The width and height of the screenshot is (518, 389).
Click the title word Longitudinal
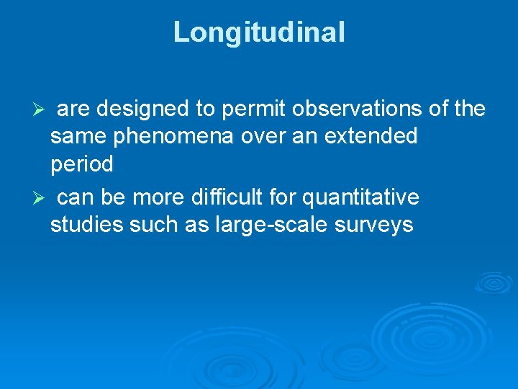pos(259,32)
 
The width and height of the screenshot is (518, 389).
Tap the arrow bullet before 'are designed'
pos(40,109)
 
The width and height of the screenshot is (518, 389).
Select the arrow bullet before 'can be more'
pos(40,198)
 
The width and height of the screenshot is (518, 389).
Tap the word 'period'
pos(81,165)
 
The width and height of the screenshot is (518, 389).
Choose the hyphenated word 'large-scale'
pos(272,225)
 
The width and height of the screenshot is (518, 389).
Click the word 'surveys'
pos(374,225)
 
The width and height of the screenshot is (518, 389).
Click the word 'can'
pos(72,197)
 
